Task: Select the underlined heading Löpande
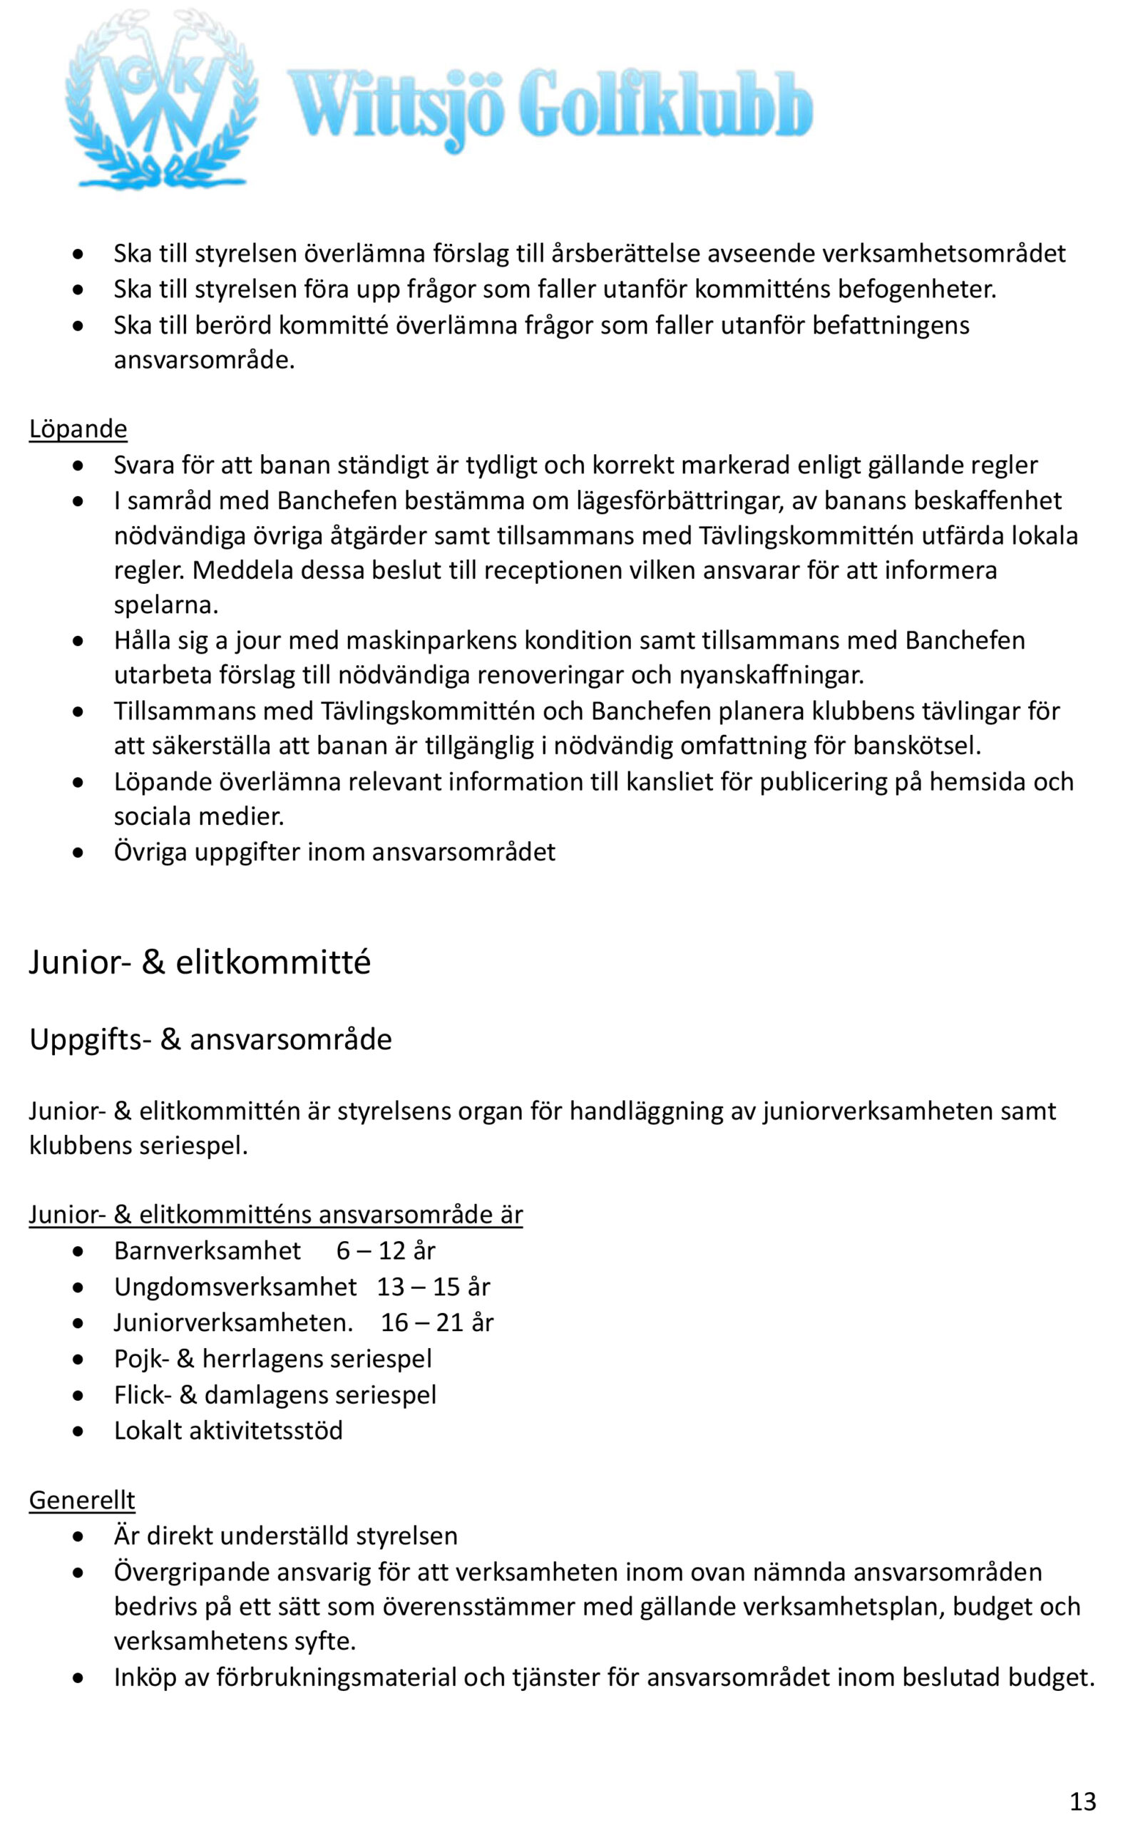[x=78, y=428]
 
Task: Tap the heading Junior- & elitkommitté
[x=200, y=963]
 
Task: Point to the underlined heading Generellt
[x=82, y=1500]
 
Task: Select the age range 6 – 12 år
[x=385, y=1250]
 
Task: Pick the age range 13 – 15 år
[x=433, y=1286]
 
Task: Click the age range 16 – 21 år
[x=436, y=1322]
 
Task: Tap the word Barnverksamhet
[x=207, y=1250]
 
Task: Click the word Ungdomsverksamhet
[x=235, y=1286]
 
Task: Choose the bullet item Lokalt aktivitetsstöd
[x=228, y=1430]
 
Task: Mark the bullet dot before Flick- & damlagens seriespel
[x=78, y=1395]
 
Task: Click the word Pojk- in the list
[x=141, y=1359]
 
